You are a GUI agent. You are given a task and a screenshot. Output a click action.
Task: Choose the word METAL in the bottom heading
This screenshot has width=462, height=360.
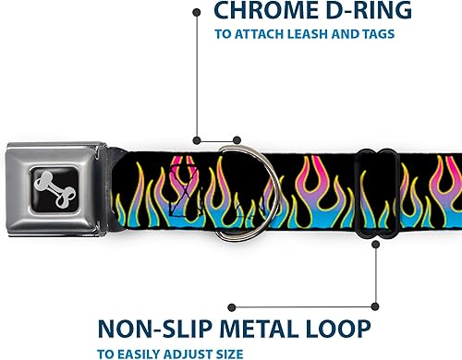(x=249, y=328)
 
